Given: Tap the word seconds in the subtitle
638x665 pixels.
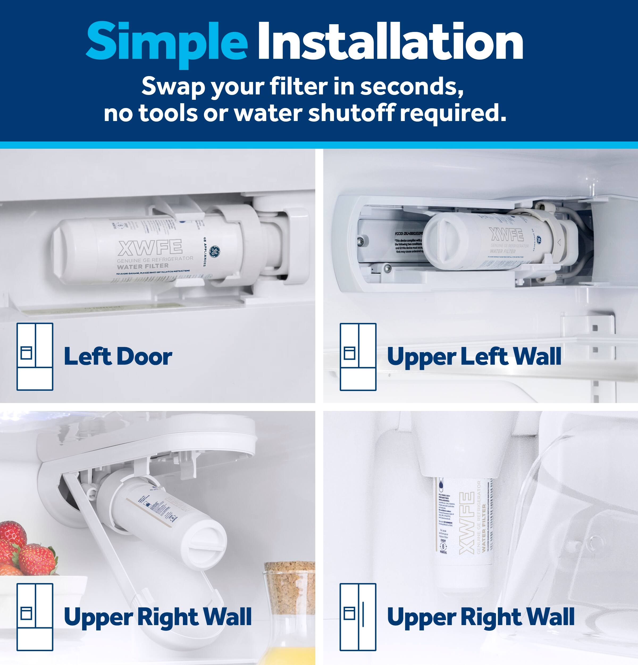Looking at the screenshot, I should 411,86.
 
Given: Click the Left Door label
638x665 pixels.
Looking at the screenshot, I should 118,357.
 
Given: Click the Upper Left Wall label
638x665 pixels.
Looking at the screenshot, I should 474,357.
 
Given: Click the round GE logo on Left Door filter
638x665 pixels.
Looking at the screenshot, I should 214,252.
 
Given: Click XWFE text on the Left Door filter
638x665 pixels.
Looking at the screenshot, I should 150,247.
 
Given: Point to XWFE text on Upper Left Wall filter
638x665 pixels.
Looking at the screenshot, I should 506,234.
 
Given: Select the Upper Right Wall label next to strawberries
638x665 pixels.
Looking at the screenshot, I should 158,617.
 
